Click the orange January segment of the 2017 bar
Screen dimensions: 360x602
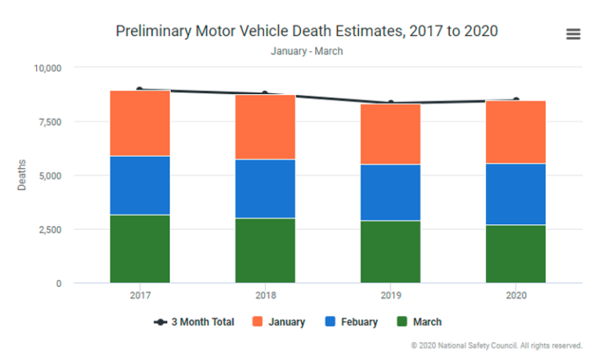(x=140, y=123)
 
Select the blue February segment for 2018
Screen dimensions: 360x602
(x=265, y=188)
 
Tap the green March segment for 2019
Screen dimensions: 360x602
(x=390, y=251)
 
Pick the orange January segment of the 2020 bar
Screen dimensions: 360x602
(x=516, y=132)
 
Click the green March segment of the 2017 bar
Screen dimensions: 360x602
(x=140, y=248)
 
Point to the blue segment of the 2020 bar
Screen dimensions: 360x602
(x=516, y=194)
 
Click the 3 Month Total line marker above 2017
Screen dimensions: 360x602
(x=140, y=89)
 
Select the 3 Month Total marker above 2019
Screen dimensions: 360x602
(x=390, y=103)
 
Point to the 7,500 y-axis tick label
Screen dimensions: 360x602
(x=49, y=122)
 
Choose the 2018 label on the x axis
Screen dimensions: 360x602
(x=265, y=295)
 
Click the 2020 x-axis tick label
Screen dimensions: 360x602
(x=516, y=295)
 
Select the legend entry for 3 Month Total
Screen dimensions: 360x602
(x=194, y=322)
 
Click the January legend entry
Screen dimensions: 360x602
(x=278, y=322)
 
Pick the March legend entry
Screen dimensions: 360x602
(x=419, y=322)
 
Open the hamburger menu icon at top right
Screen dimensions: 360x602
(x=573, y=34)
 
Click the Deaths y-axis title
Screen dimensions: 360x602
(x=21, y=175)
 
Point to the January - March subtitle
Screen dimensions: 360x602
(x=306, y=51)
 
